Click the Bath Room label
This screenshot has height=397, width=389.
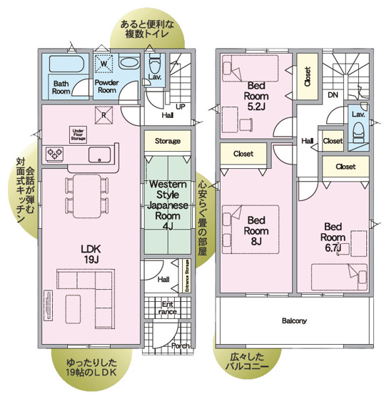tap(62, 87)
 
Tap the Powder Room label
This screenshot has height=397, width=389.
tap(106, 87)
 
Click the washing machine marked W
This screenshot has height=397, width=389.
tap(105, 64)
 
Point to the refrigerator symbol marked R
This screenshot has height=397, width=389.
tap(104, 113)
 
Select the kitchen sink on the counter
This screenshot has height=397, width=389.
tap(101, 154)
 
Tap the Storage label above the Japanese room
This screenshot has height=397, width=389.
tap(168, 141)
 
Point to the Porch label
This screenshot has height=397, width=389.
tap(181, 346)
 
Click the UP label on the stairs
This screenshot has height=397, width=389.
tap(180, 106)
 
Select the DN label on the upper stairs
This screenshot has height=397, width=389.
tap(333, 94)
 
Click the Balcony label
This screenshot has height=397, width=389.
tap(294, 321)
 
